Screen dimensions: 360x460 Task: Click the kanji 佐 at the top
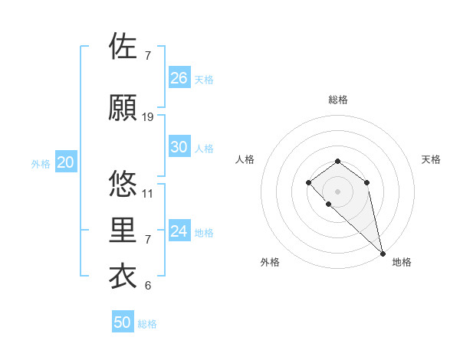tap(123, 47)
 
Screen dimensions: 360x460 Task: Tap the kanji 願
tap(123, 108)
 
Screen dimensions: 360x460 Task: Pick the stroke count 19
tap(148, 117)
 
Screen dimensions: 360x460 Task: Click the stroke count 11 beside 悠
tap(148, 194)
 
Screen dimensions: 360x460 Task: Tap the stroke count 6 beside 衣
tap(148, 286)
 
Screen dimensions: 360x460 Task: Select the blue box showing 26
tap(179, 78)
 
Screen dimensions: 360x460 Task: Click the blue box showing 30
tap(179, 147)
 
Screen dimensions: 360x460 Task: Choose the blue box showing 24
tap(179, 231)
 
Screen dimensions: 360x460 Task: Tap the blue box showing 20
tap(66, 162)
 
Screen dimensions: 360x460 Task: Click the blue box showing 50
tap(123, 322)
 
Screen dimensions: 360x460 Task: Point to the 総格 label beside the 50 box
tap(147, 324)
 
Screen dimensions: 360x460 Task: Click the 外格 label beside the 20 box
tap(41, 164)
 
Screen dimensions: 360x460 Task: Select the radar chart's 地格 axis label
tap(402, 262)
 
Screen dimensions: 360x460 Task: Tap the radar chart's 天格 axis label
tap(431, 159)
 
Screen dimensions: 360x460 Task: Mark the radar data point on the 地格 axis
tap(383, 254)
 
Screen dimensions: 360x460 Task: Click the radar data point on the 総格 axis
tap(337, 161)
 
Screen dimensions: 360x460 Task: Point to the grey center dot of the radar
tap(337, 191)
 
